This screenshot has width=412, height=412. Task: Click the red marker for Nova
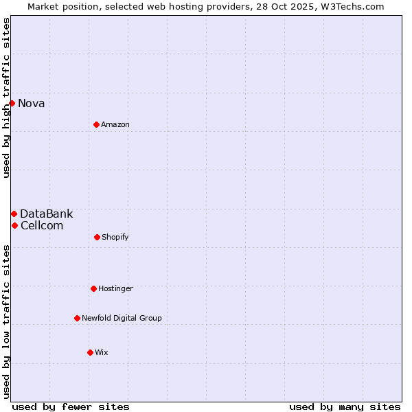coord(12,103)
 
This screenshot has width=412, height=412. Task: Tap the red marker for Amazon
coord(96,124)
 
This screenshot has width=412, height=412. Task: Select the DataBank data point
coord(14,214)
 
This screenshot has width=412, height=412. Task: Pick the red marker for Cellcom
coord(14,225)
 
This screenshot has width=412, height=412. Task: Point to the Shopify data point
coord(97,237)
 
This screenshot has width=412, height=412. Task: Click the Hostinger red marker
coord(93,288)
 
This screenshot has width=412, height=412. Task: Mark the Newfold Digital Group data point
coord(77,318)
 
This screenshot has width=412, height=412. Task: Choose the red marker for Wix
coord(90,352)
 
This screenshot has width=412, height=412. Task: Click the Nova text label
coord(32,104)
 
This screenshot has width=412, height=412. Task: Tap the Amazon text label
coord(115,125)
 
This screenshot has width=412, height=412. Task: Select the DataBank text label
coord(46,214)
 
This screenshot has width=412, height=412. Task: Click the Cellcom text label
coord(42,226)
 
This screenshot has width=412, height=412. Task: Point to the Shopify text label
coord(115,238)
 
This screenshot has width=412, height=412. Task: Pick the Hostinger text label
coord(115,289)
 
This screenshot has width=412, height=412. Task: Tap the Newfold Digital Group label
coord(122,319)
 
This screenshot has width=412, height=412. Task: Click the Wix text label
coord(102,353)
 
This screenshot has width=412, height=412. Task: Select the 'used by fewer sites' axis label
coord(71,407)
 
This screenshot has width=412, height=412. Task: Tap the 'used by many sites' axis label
coord(345,407)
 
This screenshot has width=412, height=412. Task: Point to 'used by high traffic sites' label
coord(7,98)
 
